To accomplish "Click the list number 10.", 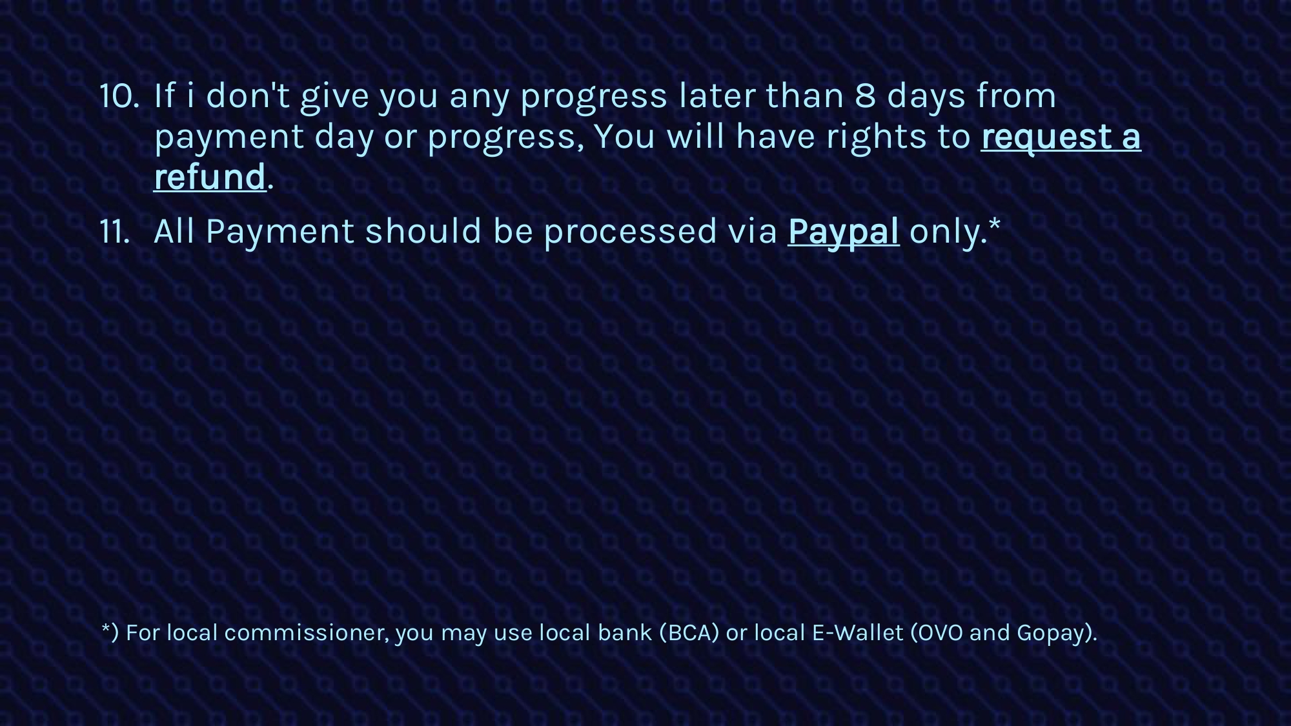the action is click(x=119, y=96).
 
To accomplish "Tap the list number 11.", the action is click(x=115, y=232).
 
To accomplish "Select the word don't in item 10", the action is click(x=247, y=96).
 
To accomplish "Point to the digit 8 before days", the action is click(x=865, y=96).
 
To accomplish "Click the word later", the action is click(x=717, y=96).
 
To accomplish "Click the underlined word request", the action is click(x=1046, y=137).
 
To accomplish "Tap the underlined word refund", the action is click(x=210, y=177).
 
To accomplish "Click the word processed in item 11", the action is click(x=630, y=232).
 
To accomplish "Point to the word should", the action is click(x=423, y=231).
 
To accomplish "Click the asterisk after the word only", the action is click(x=994, y=224).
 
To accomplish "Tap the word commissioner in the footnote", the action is click(x=307, y=633).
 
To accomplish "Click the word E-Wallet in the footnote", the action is click(x=857, y=633).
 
